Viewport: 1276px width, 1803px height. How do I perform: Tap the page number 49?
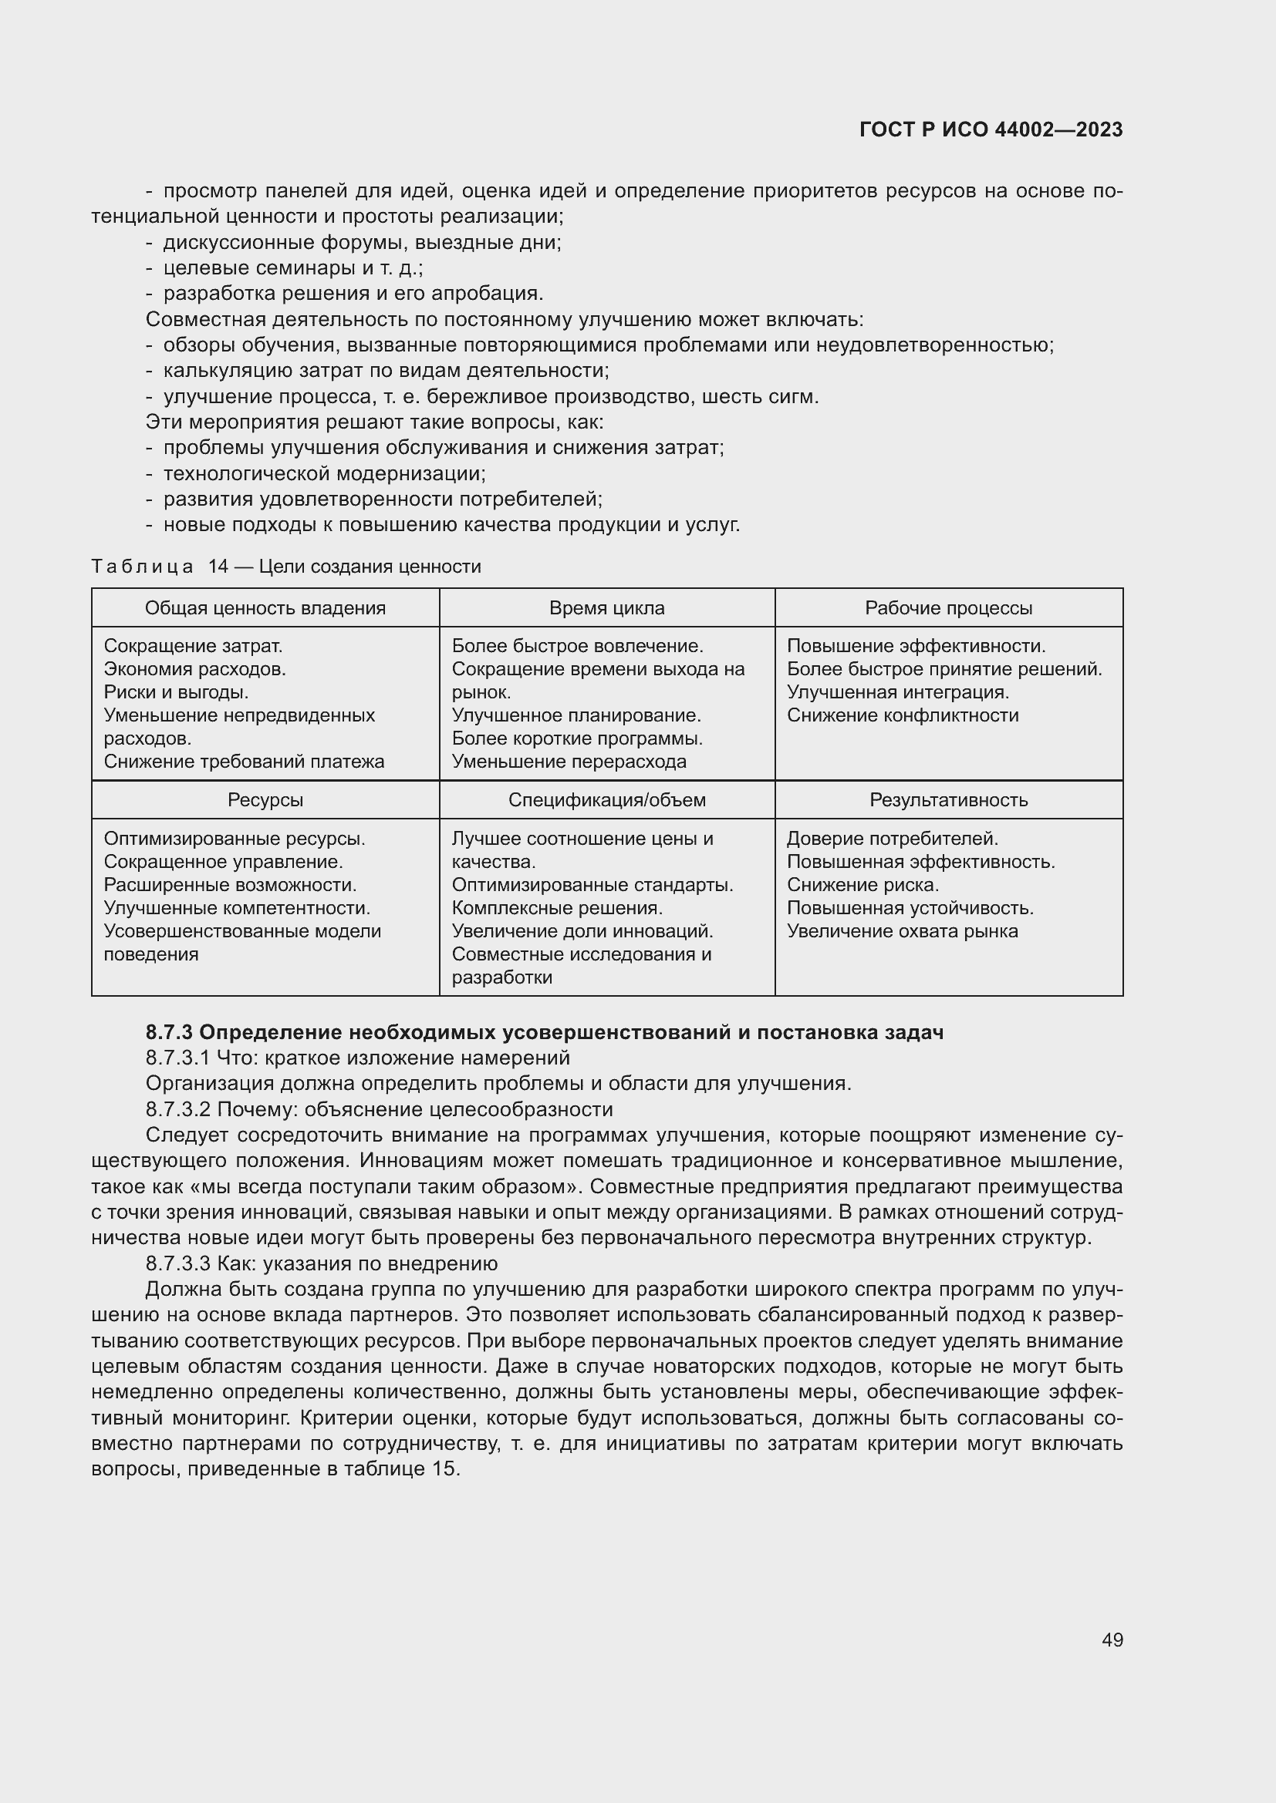point(1112,1640)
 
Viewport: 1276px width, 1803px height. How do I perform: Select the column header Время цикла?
point(606,607)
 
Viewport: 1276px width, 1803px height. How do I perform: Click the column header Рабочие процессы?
point(948,607)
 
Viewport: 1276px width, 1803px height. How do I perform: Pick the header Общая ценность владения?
point(265,607)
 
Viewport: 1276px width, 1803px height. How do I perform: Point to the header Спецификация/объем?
point(606,799)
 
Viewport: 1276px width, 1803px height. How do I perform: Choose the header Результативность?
point(948,799)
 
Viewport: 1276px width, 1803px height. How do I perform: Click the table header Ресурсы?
point(265,799)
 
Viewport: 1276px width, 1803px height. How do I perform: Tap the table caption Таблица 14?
point(160,567)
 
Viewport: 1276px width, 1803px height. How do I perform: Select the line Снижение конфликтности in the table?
point(902,715)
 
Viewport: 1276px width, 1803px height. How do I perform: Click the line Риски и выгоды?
point(176,691)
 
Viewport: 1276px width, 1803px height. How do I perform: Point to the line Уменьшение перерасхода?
point(569,761)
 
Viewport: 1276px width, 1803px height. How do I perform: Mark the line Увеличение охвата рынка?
point(902,930)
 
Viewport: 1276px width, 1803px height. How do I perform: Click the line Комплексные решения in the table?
point(557,908)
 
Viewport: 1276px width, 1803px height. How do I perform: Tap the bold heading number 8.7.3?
point(169,1032)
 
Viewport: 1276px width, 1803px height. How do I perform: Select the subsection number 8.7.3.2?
point(178,1108)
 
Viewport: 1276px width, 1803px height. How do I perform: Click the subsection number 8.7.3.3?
point(178,1263)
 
